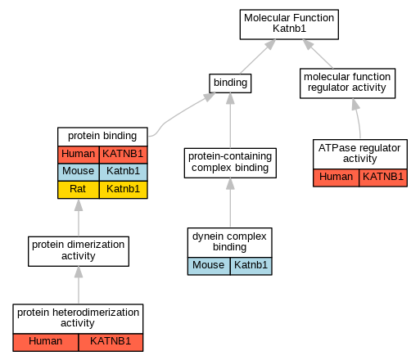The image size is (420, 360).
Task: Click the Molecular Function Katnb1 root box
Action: coord(289,25)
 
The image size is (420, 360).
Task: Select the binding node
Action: coord(230,83)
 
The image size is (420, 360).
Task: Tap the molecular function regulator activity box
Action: coord(347,83)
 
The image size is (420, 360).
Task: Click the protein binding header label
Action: coord(102,136)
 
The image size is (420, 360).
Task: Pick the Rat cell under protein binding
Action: coord(79,190)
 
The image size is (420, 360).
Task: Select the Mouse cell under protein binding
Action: coord(79,172)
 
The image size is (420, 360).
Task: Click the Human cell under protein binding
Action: coord(79,155)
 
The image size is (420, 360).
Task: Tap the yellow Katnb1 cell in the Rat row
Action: coord(124,190)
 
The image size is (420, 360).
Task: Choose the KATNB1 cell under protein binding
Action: coord(124,155)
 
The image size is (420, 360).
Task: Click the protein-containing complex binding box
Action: coord(230,163)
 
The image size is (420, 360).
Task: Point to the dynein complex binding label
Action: coord(229,241)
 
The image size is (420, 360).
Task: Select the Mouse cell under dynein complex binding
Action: coord(209,266)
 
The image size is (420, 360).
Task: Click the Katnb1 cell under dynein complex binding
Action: coord(251,266)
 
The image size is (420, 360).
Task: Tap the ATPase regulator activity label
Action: coord(359,153)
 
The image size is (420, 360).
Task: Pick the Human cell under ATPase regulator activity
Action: coord(336,178)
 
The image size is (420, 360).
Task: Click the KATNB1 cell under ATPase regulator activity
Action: coord(383,178)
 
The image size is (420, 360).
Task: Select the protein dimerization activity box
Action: coord(79,251)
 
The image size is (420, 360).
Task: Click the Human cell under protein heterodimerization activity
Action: coord(46,342)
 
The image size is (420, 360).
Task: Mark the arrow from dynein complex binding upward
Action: coord(230,202)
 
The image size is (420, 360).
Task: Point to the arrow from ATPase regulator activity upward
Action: coord(358,118)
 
